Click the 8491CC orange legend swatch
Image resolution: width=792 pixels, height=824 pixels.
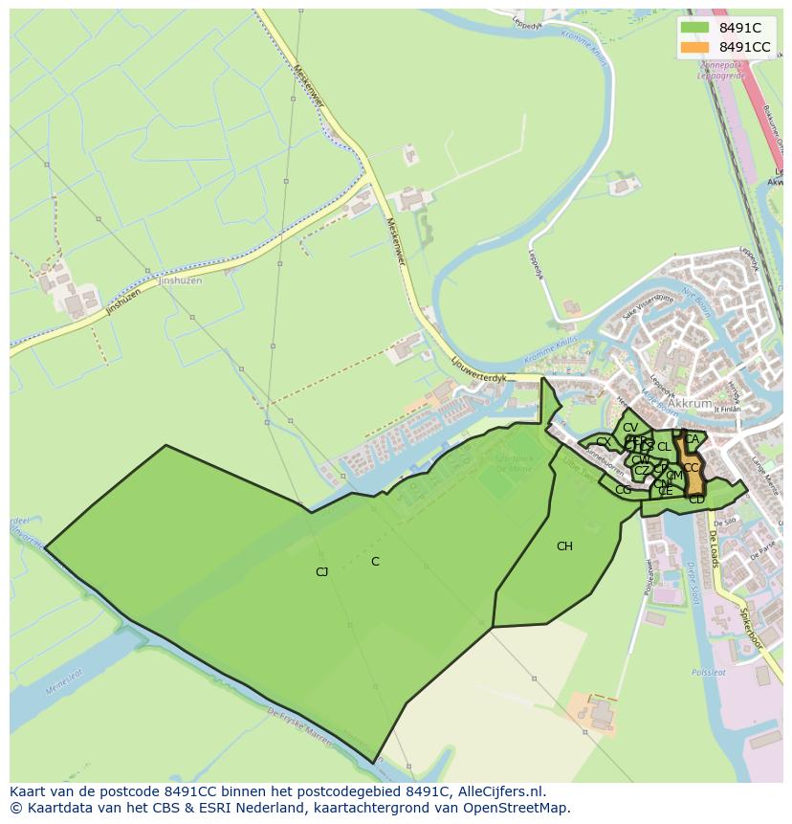click(695, 47)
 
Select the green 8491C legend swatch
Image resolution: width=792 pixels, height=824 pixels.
click(695, 28)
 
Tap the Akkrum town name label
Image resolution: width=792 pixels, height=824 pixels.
click(691, 404)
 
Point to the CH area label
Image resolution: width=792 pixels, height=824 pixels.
click(564, 546)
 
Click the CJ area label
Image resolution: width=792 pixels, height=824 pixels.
click(322, 572)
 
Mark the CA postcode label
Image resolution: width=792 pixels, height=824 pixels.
click(691, 439)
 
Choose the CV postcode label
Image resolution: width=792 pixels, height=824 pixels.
click(629, 428)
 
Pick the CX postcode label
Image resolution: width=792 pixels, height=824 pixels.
click(603, 442)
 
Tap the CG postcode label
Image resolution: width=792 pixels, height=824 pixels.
click(623, 490)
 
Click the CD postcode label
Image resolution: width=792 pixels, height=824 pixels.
click(696, 499)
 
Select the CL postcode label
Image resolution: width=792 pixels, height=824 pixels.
click(664, 447)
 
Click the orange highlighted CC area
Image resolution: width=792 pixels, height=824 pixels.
click(690, 468)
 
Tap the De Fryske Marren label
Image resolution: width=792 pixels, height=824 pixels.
click(299, 726)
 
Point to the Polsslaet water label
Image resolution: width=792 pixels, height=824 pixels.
click(707, 673)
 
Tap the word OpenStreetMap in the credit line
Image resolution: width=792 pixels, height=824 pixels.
click(520, 808)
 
